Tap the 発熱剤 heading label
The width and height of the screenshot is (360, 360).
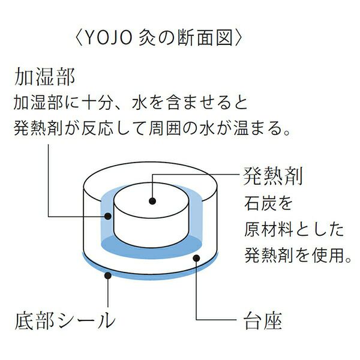273,176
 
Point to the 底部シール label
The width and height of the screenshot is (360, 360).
64,320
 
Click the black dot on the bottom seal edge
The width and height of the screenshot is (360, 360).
109,275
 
